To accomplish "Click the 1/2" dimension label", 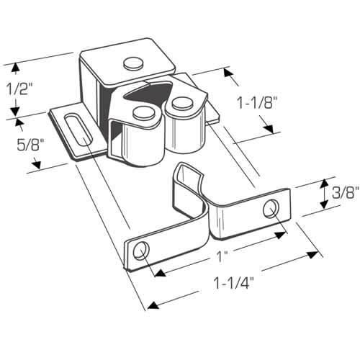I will point(17,89).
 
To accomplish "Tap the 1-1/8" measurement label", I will point(256,103).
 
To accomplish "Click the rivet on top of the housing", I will point(133,63).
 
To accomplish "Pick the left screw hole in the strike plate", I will point(141,251).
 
